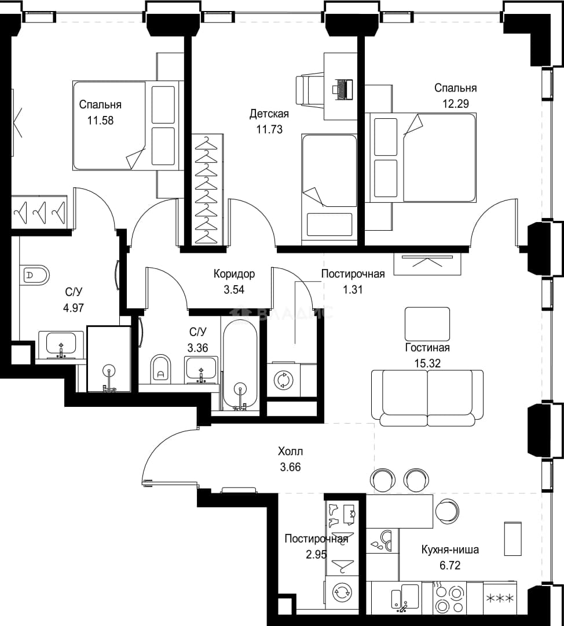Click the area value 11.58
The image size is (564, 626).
tap(101, 120)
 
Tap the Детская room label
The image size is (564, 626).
tap(269, 114)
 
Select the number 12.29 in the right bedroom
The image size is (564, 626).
tap(456, 104)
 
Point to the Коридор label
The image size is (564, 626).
tap(234, 274)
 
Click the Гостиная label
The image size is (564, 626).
tap(427, 347)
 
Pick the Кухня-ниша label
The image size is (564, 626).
tap(451, 549)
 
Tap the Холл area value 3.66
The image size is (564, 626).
tap(290, 467)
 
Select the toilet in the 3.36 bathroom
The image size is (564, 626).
tap(161, 368)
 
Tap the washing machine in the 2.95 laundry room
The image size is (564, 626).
tap(342, 592)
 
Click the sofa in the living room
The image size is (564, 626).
tap(427, 398)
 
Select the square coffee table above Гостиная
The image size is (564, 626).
tap(427, 324)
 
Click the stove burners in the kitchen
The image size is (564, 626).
tap(449, 598)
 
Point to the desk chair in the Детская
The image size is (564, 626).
tap(310, 89)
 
